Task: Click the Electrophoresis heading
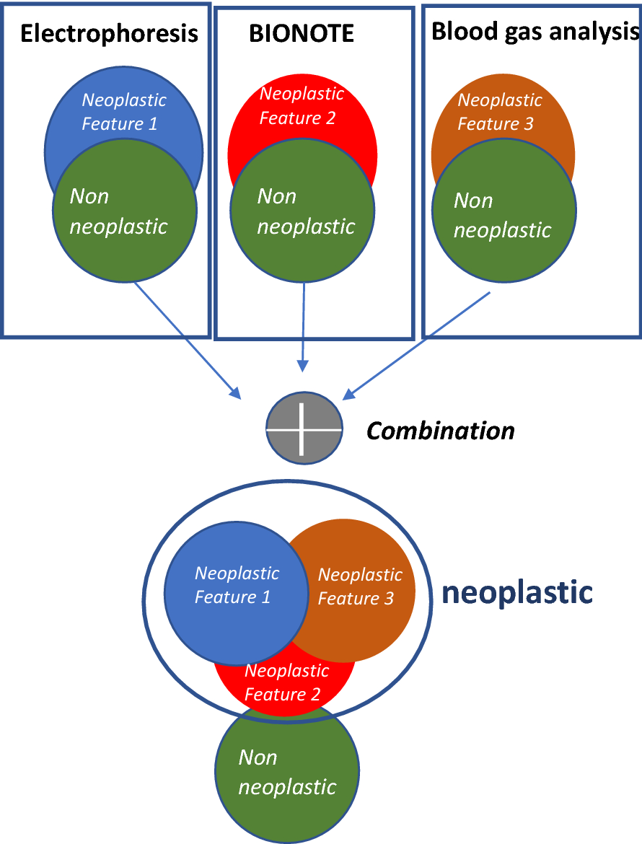pos(109,34)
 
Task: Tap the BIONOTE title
pos(302,34)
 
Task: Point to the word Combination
pos(441,431)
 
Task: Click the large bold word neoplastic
pos(516,593)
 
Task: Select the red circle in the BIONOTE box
pos(302,108)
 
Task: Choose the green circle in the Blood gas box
pos(504,216)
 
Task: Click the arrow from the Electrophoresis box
pos(188,339)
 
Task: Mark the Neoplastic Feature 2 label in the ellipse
pos(286,682)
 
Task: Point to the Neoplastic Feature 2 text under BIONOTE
pos(302,105)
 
